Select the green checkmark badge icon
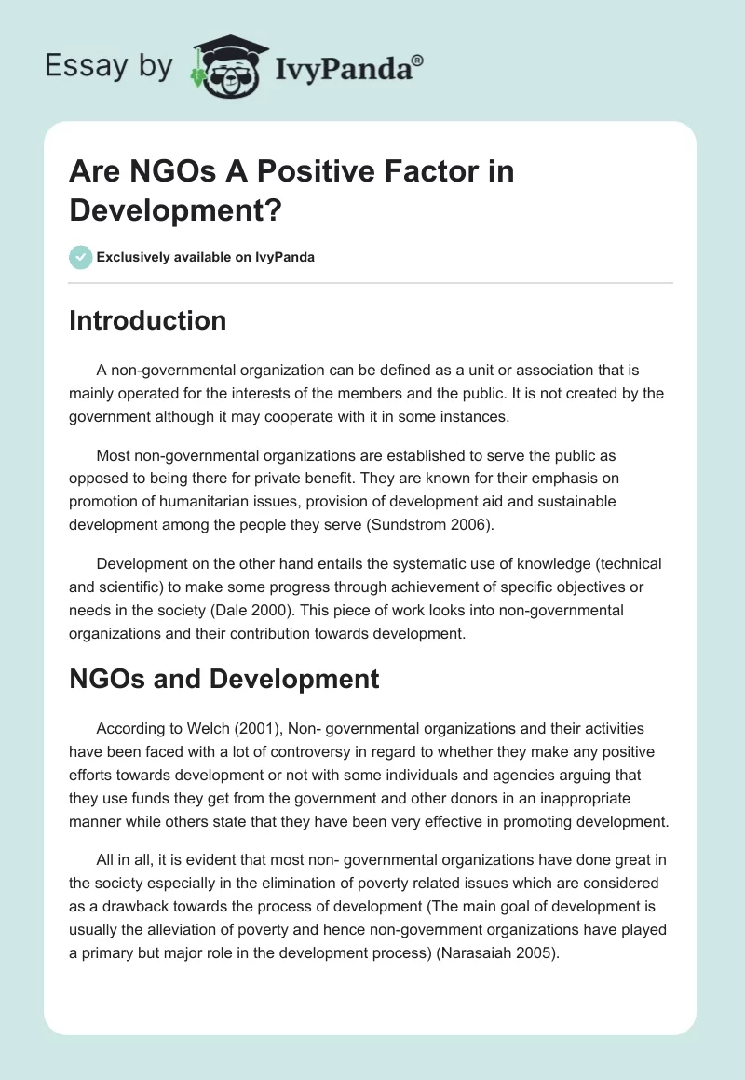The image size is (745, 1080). click(81, 257)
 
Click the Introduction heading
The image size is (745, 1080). click(147, 320)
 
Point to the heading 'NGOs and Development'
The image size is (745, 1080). click(223, 679)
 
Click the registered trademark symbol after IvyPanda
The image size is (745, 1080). click(417, 59)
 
